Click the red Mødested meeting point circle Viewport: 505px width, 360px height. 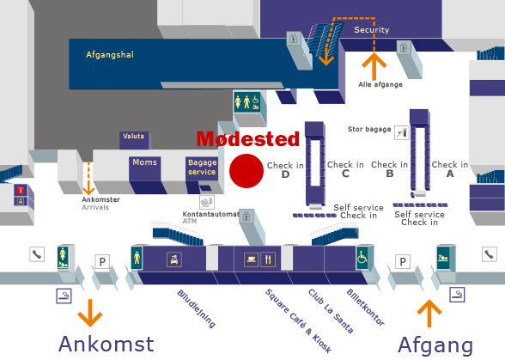[246, 171]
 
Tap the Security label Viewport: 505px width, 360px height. [372, 30]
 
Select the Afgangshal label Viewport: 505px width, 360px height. [110, 54]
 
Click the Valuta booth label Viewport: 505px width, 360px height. [133, 136]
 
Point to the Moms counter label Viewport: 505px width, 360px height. [145, 162]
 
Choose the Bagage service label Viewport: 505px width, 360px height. [202, 167]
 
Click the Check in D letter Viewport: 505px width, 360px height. [285, 174]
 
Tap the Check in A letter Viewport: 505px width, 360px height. [450, 174]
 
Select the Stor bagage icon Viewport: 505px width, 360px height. [402, 132]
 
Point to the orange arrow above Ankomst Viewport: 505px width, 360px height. [90, 313]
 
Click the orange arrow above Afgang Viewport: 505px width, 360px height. [429, 314]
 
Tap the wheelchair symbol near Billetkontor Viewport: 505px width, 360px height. [362, 258]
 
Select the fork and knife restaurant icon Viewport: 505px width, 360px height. [268, 259]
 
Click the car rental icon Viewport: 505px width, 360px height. [174, 259]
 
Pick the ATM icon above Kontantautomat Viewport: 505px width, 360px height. [207, 202]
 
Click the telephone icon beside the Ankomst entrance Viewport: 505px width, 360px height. [37, 254]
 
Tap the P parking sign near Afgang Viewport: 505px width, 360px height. [403, 262]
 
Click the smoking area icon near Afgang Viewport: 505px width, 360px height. [457, 295]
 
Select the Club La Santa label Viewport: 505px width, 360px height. [331, 311]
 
